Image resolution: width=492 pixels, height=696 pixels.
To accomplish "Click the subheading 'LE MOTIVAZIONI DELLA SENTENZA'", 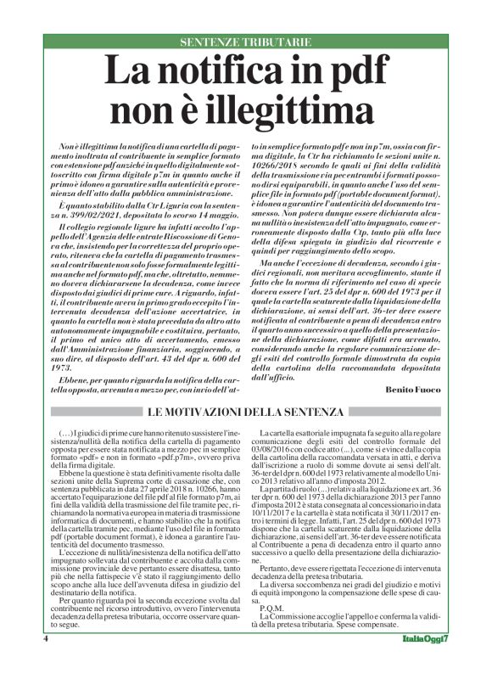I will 246,412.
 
